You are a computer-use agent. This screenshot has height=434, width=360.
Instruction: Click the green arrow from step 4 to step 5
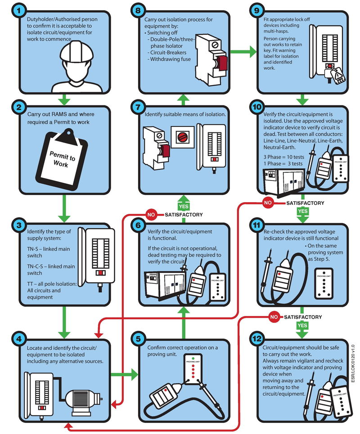point(124,374)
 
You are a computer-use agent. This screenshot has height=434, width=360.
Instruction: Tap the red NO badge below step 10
point(268,203)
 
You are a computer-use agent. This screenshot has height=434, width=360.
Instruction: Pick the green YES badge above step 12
point(302,324)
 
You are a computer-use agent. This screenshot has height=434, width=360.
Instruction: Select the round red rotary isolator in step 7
point(182,136)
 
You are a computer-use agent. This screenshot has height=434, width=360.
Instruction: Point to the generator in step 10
point(282,179)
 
